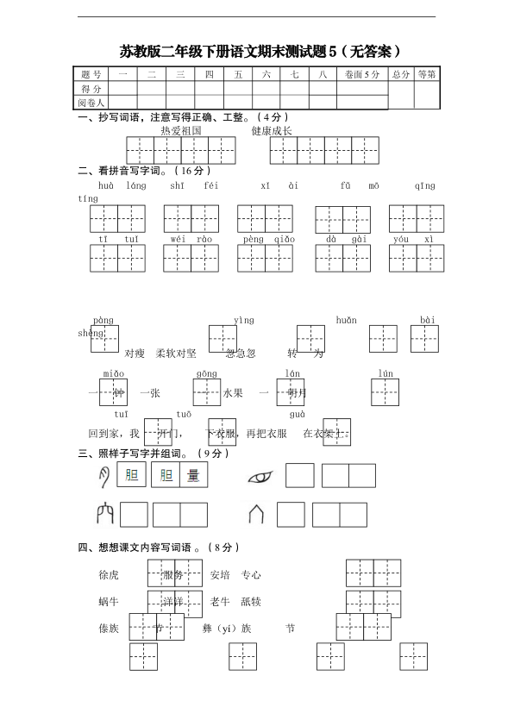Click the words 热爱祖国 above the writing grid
pyautogui.click(x=181, y=130)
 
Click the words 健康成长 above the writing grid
pyautogui.click(x=272, y=130)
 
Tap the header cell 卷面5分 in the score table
pyautogui.click(x=360, y=75)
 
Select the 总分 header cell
pyautogui.click(x=400, y=75)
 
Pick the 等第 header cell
pyautogui.click(x=426, y=75)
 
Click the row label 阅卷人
pyautogui.click(x=91, y=103)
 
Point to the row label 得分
pyautogui.click(x=91, y=89)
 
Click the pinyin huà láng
pyautogui.click(x=122, y=185)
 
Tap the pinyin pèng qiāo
pyautogui.click(x=268, y=239)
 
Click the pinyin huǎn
pyautogui.click(x=346, y=320)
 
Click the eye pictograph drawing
pyautogui.click(x=260, y=476)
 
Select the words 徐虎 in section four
pyautogui.click(x=109, y=574)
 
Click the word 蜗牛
pyautogui.click(x=109, y=601)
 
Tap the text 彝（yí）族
pyautogui.click(x=227, y=629)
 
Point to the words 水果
pyautogui.click(x=233, y=393)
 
